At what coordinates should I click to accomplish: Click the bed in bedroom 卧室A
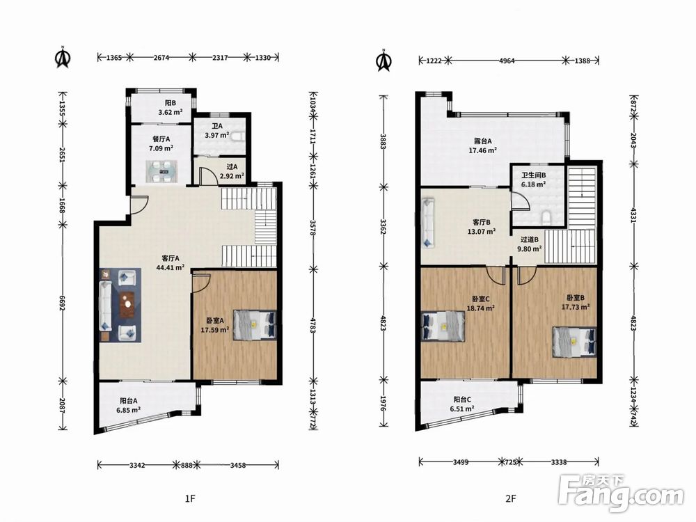[x=255, y=325]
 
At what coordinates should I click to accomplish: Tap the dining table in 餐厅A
[x=161, y=171]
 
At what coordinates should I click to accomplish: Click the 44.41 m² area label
[x=171, y=268]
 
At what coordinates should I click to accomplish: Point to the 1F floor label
[x=190, y=498]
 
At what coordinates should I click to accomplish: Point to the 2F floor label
[x=511, y=498]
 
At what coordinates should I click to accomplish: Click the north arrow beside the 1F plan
[x=63, y=57]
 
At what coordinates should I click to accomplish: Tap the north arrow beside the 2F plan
[x=384, y=60]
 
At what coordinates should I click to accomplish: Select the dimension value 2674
[x=161, y=57]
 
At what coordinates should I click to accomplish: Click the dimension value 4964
[x=507, y=61]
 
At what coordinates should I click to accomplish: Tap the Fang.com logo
[x=622, y=493]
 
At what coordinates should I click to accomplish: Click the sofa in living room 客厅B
[x=428, y=223]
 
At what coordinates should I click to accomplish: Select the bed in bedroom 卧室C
[x=443, y=326]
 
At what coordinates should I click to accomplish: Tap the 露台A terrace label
[x=482, y=141]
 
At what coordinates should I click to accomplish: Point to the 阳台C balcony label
[x=462, y=400]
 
